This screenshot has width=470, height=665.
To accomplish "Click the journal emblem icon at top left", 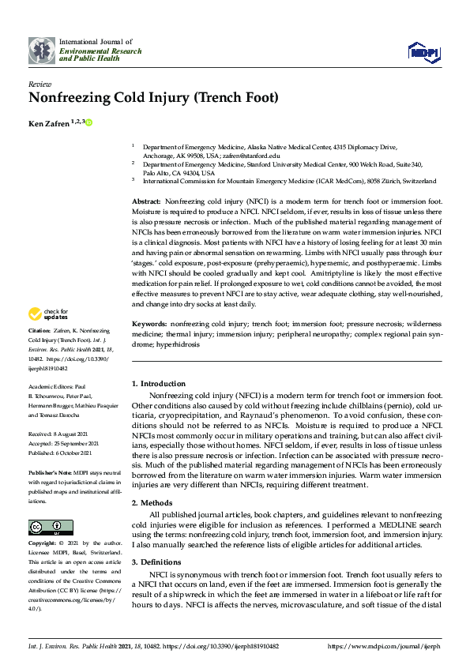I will [42, 51].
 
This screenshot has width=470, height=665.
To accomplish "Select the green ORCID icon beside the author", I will [89, 122].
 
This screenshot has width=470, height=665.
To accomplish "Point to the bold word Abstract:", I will [147, 203].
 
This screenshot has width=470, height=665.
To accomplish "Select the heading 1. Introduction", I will [159, 384].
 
